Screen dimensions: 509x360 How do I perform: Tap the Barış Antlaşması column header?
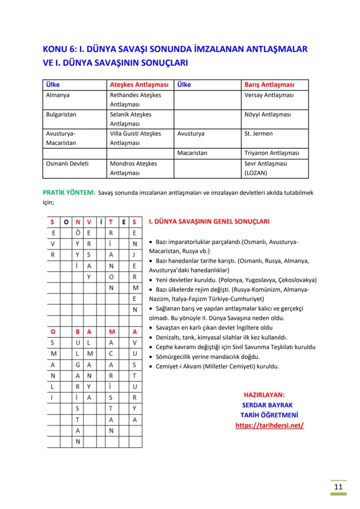tap(269, 85)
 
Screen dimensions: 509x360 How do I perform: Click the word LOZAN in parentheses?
tap(256, 173)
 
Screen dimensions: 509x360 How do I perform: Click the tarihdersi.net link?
tap(269, 426)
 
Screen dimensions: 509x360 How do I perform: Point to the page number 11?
tap(338, 486)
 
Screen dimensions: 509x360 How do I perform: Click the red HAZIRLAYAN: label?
tap(264, 395)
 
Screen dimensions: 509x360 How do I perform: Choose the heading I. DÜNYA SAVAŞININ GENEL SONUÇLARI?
tap(209, 221)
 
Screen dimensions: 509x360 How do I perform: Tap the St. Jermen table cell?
tap(258, 133)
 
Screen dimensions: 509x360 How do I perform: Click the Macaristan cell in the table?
tap(192, 153)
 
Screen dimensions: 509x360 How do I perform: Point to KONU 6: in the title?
tap(57, 49)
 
